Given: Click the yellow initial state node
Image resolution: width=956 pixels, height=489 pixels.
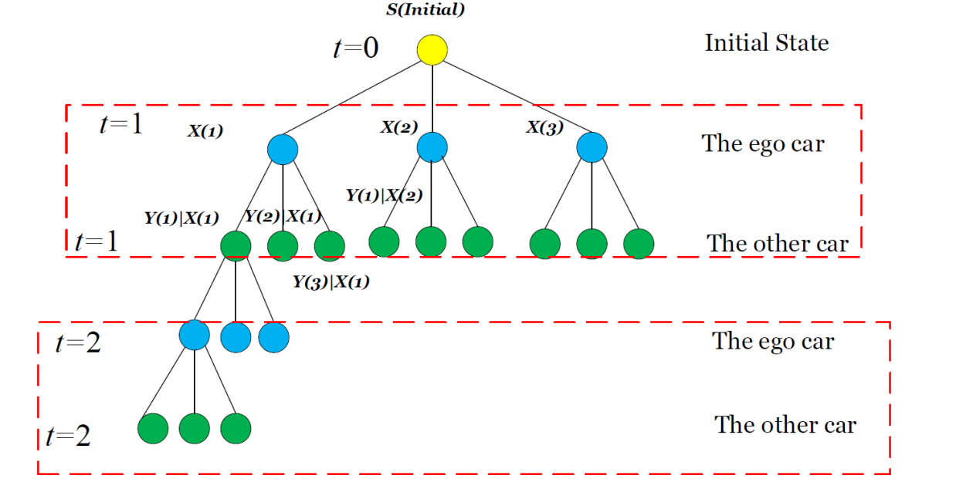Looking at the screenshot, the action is pyautogui.click(x=432, y=50).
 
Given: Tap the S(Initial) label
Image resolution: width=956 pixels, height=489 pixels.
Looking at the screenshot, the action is pyautogui.click(x=425, y=9).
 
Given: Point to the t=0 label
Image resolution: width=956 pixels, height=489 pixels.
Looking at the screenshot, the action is pyautogui.click(x=355, y=48).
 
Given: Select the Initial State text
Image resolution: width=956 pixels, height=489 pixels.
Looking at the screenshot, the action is pyautogui.click(x=767, y=42).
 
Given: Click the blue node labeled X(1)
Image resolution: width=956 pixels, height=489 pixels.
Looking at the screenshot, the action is pyautogui.click(x=283, y=150).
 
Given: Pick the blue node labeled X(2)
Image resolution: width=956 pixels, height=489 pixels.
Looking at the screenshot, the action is pyautogui.click(x=432, y=147).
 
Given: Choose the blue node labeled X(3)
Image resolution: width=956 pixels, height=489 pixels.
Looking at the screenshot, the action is pyautogui.click(x=592, y=147).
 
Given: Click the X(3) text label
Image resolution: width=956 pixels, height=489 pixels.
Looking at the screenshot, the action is pyautogui.click(x=544, y=127).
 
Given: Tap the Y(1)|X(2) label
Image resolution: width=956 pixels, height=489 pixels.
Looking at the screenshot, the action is pyautogui.click(x=384, y=195).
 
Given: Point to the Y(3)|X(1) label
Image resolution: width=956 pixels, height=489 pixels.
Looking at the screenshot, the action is pyautogui.click(x=331, y=282).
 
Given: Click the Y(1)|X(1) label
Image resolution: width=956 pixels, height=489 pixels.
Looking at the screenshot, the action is pyautogui.click(x=181, y=218).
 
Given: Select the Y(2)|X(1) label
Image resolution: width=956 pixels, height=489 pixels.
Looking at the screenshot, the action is pyautogui.click(x=283, y=216).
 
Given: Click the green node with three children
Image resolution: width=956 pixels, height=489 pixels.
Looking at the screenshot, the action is pyautogui.click(x=236, y=246).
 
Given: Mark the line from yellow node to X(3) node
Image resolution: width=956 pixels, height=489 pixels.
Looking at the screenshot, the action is pyautogui.click(x=517, y=96).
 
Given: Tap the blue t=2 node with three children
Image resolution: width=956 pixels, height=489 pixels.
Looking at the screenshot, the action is pyautogui.click(x=194, y=335).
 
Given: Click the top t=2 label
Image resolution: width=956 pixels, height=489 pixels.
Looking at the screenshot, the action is pyautogui.click(x=78, y=342).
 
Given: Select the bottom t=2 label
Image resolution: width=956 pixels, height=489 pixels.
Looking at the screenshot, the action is pyautogui.click(x=68, y=436).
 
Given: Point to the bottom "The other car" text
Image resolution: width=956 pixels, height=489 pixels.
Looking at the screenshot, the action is pyautogui.click(x=785, y=425).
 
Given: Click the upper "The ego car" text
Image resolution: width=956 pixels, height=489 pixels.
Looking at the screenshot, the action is pyautogui.click(x=763, y=143).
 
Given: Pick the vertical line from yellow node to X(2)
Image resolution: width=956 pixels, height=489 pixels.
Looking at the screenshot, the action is pyautogui.click(x=432, y=99).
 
